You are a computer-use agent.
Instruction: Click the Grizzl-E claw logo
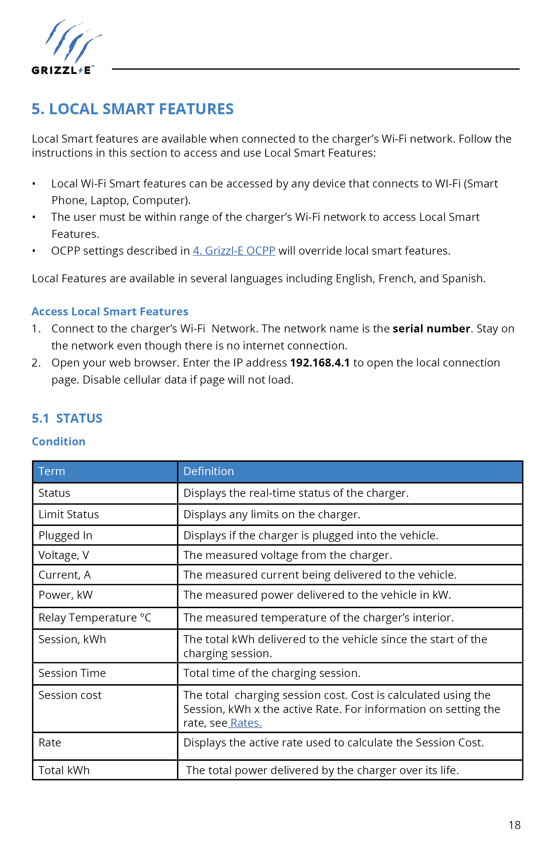click(x=66, y=46)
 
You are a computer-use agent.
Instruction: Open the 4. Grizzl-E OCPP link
click(x=234, y=251)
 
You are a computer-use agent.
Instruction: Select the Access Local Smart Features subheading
click(x=110, y=311)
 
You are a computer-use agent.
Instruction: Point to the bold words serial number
click(x=431, y=329)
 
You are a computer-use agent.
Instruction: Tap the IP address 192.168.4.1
click(x=320, y=363)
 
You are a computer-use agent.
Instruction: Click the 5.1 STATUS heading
click(x=67, y=418)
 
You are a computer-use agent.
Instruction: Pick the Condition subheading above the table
click(x=59, y=441)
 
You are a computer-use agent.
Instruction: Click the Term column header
click(x=52, y=471)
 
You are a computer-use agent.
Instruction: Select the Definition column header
click(x=209, y=471)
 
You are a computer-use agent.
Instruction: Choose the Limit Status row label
click(x=69, y=515)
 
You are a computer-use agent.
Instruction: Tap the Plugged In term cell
click(x=65, y=536)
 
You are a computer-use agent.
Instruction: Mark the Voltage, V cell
click(x=64, y=555)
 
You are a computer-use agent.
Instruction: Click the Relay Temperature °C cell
click(x=95, y=618)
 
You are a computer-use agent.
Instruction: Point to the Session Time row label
click(x=72, y=673)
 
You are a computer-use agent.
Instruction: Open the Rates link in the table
click(x=246, y=723)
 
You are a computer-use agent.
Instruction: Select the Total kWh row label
click(x=64, y=770)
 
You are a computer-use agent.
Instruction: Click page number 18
click(x=514, y=825)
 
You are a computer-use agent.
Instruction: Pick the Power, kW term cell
click(x=65, y=595)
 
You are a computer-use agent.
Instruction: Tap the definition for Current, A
click(x=320, y=575)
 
